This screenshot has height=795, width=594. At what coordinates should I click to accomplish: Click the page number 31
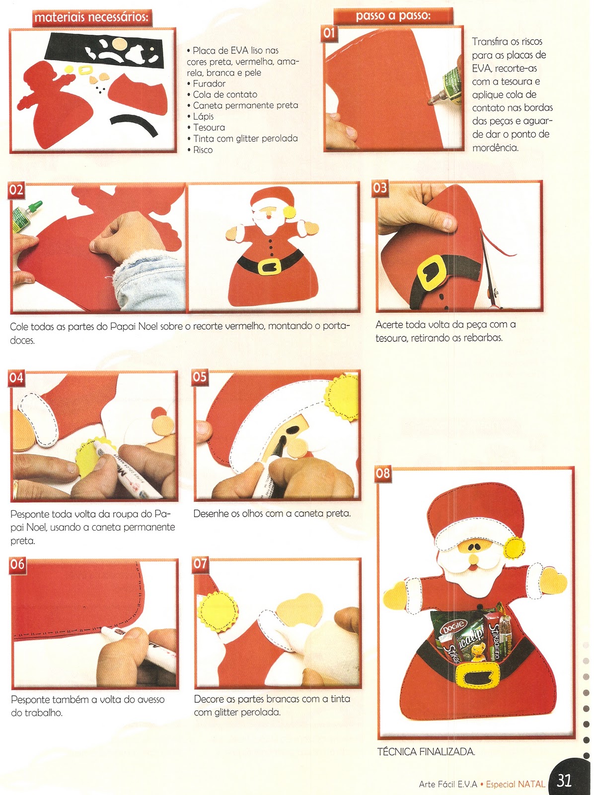[564, 779]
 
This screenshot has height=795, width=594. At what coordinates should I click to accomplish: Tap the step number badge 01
[329, 33]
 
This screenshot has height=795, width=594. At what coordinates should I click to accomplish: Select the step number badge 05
[200, 377]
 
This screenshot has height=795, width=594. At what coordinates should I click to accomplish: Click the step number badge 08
[383, 474]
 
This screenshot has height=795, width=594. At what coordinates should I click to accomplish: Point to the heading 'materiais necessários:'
[91, 17]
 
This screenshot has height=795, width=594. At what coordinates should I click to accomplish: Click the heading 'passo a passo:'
[393, 15]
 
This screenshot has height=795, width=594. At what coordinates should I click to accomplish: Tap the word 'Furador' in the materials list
[209, 83]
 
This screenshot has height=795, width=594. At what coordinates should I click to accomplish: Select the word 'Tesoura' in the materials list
[209, 128]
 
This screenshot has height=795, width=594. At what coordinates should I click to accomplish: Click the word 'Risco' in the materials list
[203, 150]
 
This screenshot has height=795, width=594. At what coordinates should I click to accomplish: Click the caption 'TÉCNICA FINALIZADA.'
[426, 752]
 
